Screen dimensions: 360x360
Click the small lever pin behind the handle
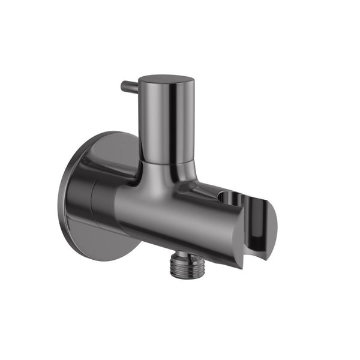click(x=129, y=86)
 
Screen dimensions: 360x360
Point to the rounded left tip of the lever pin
click(x=122, y=86)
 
